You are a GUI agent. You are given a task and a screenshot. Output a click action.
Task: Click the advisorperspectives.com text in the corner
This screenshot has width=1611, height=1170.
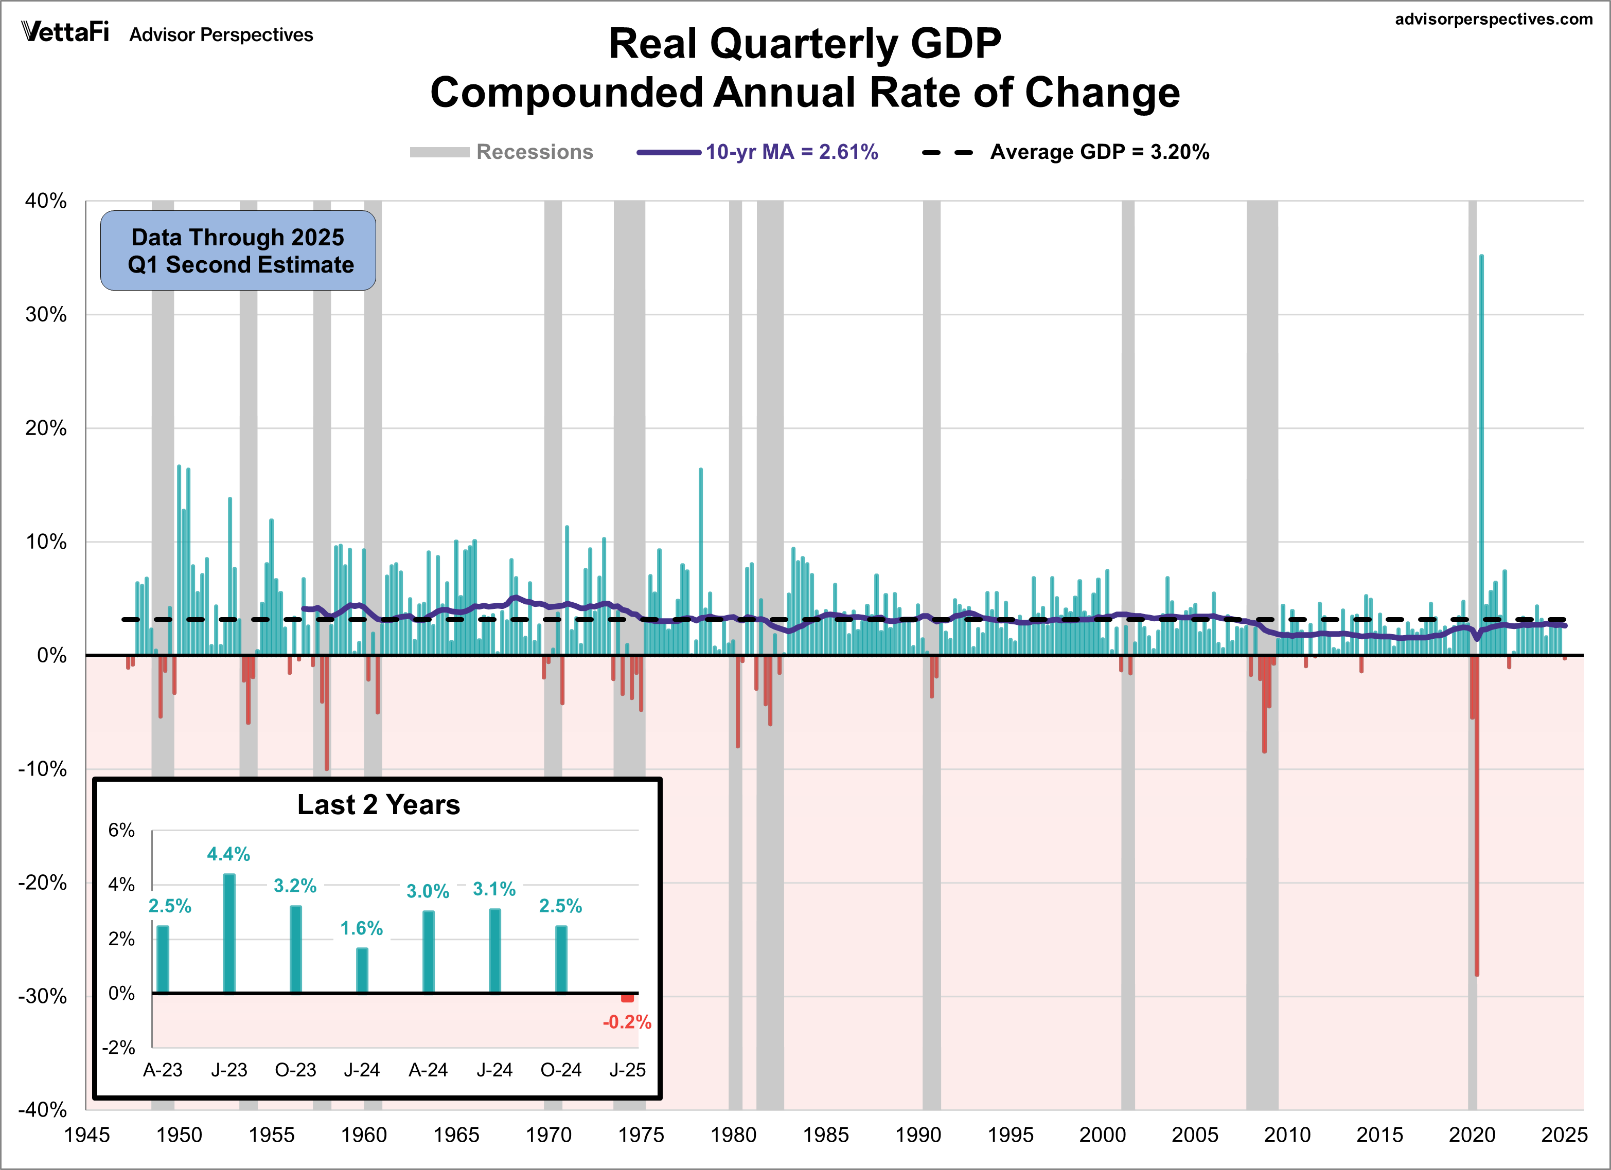1493,19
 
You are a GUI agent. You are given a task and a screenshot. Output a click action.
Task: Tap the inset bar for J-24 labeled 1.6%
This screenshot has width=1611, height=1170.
362,970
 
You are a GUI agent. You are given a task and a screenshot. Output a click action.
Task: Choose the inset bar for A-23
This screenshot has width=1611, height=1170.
163,959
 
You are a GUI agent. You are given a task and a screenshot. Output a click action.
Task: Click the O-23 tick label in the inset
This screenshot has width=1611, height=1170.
295,1070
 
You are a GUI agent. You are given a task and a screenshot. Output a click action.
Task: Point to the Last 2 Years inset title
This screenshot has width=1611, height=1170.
379,805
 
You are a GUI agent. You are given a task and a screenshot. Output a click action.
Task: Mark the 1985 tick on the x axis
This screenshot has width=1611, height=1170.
825,1135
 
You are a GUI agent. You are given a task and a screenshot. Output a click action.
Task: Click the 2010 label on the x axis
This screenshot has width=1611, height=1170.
1287,1135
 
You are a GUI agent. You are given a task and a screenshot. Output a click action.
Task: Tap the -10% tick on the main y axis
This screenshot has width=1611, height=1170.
43,769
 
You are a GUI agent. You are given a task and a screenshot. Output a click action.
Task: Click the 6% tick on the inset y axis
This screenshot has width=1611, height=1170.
121,830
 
